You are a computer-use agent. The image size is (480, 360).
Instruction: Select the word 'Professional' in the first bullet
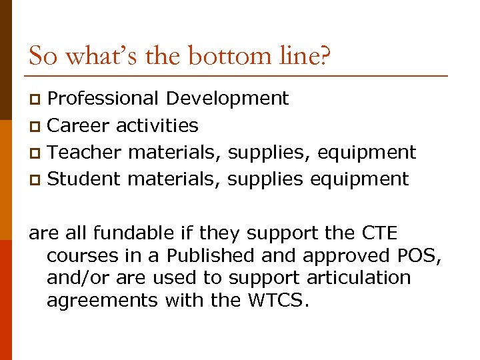103,99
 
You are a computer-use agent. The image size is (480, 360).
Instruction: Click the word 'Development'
227,99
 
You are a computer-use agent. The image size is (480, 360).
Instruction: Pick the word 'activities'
157,125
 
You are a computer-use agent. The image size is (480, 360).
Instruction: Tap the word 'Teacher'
85,152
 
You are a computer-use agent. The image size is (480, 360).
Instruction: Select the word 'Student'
85,179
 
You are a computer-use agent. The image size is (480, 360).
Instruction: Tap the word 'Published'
211,256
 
